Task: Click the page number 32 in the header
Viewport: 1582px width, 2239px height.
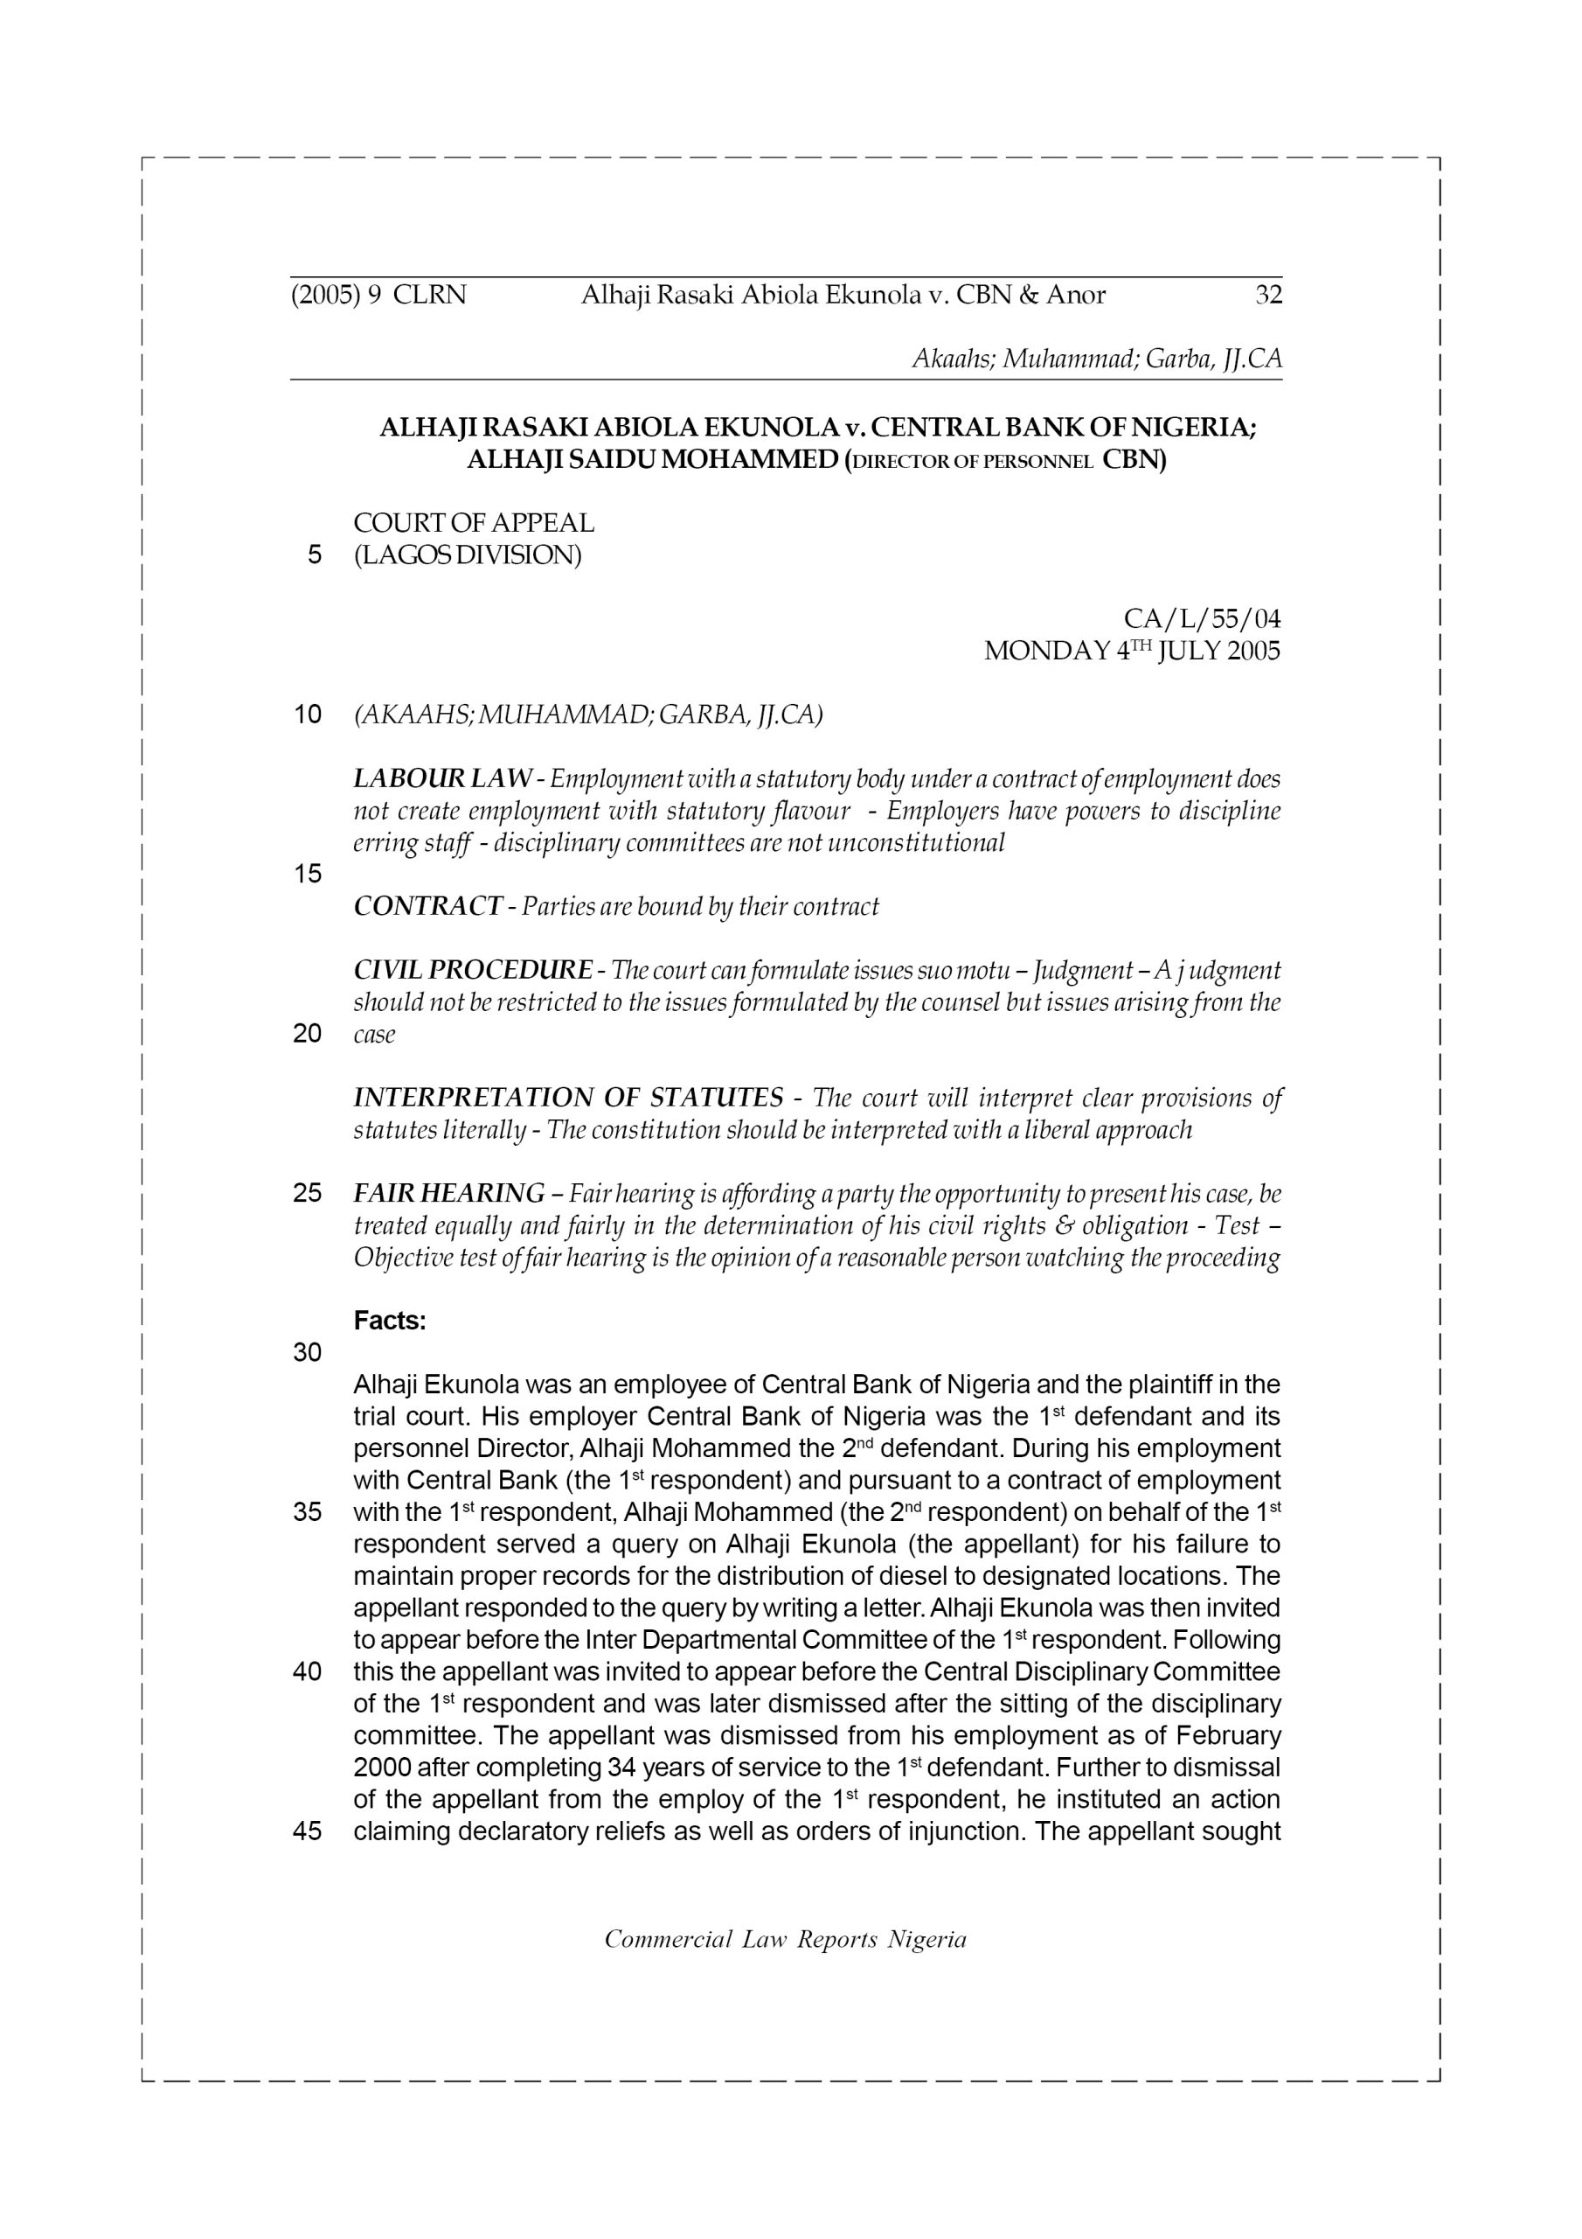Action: point(1268,295)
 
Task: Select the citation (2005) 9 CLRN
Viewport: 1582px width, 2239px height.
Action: point(378,295)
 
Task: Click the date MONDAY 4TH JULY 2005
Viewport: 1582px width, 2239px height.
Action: point(1132,651)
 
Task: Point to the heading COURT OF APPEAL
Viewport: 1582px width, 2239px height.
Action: point(474,523)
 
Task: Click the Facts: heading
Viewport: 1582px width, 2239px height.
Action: point(390,1321)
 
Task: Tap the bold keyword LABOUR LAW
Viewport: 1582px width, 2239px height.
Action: point(442,778)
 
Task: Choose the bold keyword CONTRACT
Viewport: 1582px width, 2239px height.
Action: point(427,906)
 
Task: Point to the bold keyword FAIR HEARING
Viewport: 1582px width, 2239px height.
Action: point(448,1193)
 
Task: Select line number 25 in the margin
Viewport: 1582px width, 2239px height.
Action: point(307,1194)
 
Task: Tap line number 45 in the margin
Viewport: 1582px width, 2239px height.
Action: point(307,1831)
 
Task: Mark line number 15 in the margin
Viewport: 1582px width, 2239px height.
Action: point(307,874)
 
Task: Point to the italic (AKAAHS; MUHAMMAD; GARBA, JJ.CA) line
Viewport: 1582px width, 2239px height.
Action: point(587,715)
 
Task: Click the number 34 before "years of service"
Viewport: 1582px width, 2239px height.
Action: point(620,1767)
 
